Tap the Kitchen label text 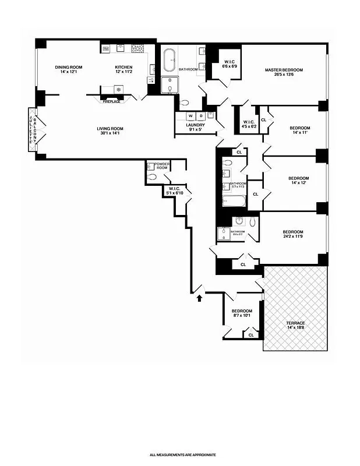123,69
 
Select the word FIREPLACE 112,102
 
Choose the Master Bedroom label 284,72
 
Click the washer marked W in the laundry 190,115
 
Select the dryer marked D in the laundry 202,115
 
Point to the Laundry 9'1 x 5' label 195,127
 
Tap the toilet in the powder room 153,176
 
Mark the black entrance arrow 200,298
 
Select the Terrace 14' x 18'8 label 295,326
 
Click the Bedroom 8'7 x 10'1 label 241,313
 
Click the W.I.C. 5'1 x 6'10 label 176,190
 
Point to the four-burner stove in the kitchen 137,49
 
